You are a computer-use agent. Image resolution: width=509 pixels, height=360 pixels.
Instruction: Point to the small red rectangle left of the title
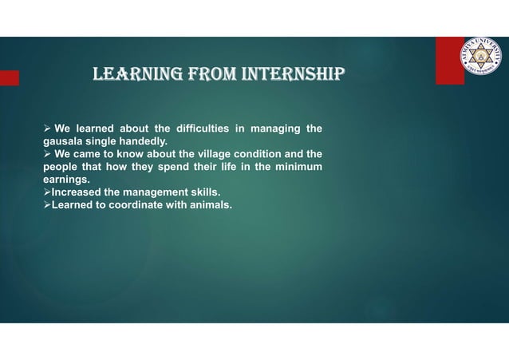9,77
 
